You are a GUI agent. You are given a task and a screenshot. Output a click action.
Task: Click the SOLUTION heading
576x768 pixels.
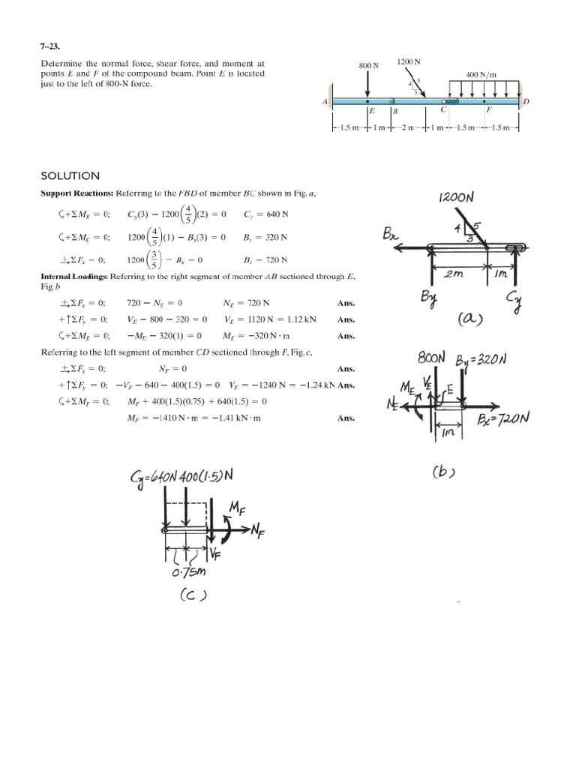point(70,176)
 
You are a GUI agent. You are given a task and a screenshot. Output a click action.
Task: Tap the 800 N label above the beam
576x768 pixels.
point(368,66)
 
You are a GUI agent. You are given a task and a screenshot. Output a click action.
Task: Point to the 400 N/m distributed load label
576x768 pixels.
point(481,74)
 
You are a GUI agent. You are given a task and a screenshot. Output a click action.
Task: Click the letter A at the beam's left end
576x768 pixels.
point(325,102)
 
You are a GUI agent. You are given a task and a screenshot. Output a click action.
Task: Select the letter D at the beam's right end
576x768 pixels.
point(526,102)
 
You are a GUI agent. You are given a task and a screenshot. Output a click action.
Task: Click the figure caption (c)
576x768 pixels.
point(189,597)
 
